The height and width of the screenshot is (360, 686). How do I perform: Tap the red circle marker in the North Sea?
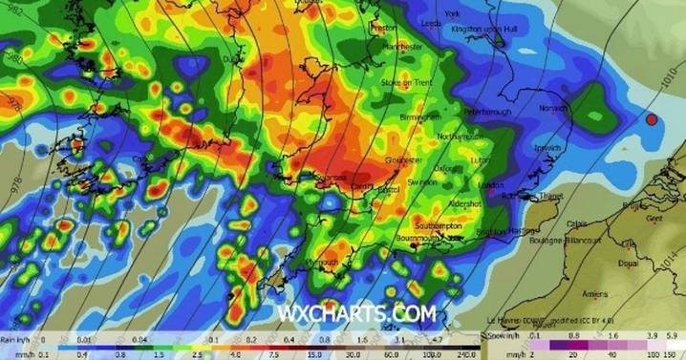click(652, 120)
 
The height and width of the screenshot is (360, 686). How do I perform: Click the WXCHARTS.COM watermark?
click(356, 312)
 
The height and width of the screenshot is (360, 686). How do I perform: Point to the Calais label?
click(577, 224)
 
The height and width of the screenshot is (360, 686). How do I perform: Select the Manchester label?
click(401, 46)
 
